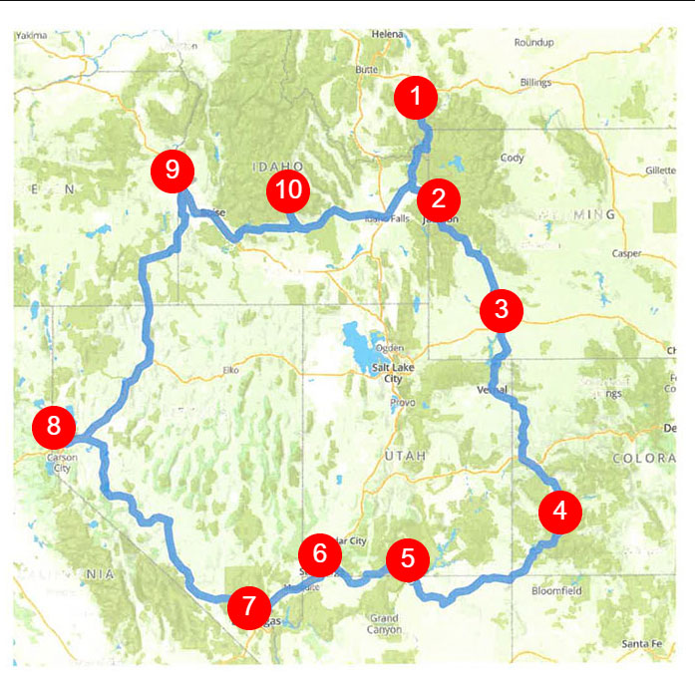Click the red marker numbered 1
[x=416, y=98]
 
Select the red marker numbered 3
[x=501, y=309]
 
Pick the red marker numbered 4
[x=559, y=511]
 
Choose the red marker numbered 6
[x=319, y=552]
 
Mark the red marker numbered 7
[x=248, y=605]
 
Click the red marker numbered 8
[x=53, y=427]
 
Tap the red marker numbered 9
[x=173, y=170]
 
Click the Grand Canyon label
[x=385, y=624]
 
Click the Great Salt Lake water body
[x=356, y=342]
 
